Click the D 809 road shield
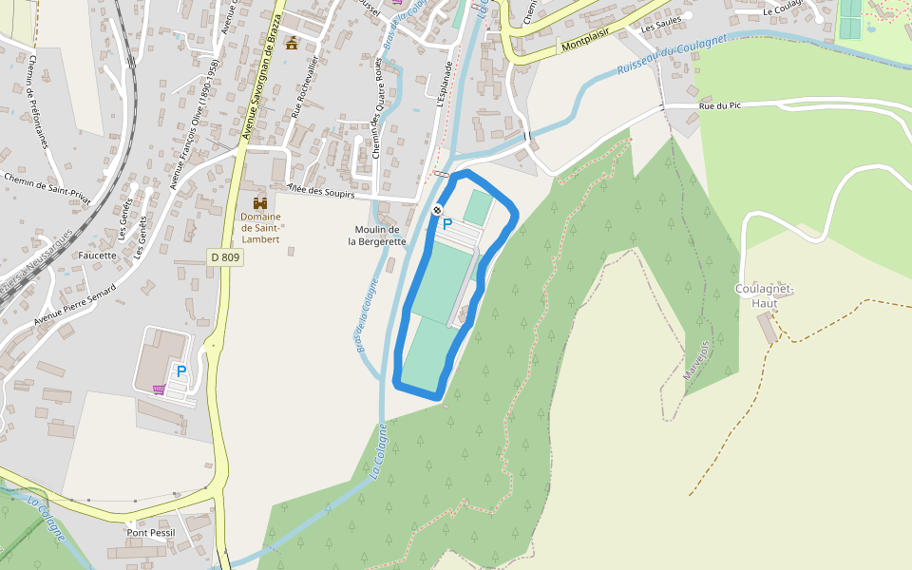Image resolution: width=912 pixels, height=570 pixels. coord(225,257)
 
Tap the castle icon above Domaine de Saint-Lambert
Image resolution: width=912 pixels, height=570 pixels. coord(259,203)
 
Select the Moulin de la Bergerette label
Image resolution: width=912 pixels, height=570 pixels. coord(377,236)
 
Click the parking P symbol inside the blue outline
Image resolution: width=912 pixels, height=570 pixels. coord(446,224)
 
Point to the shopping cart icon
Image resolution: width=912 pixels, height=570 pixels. coord(159,389)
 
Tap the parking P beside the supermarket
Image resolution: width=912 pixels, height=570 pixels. coord(180,371)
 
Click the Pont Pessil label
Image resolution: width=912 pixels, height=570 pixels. coord(151,533)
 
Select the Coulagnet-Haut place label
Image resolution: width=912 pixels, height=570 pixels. coord(764,295)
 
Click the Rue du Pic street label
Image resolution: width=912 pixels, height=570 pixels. coord(719,105)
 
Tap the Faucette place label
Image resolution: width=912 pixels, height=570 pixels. coord(99,255)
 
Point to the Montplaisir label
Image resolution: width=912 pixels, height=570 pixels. coord(584,45)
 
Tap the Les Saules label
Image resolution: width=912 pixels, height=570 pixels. coord(662,28)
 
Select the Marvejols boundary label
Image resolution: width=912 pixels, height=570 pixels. coord(696,361)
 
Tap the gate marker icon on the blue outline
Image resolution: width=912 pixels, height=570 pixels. coord(437,210)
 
